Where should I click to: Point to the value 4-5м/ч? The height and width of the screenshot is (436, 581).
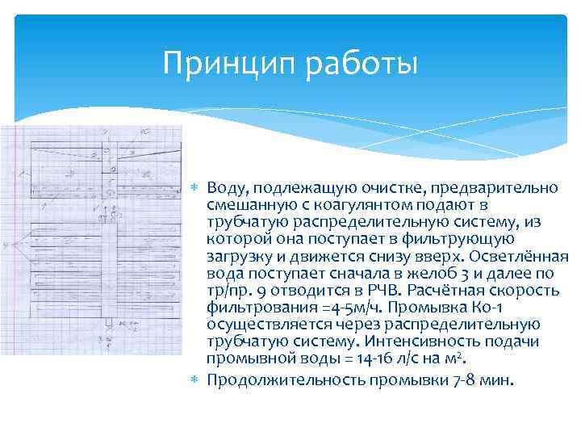(324, 308)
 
